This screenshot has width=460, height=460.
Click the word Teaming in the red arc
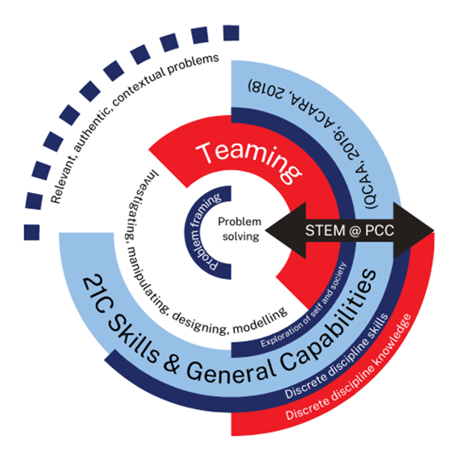pyautogui.click(x=249, y=161)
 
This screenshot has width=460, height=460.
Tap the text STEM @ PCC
pyautogui.click(x=349, y=230)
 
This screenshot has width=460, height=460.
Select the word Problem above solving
pyautogui.click(x=240, y=221)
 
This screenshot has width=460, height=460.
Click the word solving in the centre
pyautogui.click(x=241, y=236)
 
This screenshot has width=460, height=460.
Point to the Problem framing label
pyautogui.click(x=202, y=231)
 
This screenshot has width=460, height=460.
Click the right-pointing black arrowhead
pyautogui.click(x=413, y=230)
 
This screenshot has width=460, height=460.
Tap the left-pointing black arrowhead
pyautogui.click(x=286, y=230)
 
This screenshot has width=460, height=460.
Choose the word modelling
pyautogui.click(x=260, y=321)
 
